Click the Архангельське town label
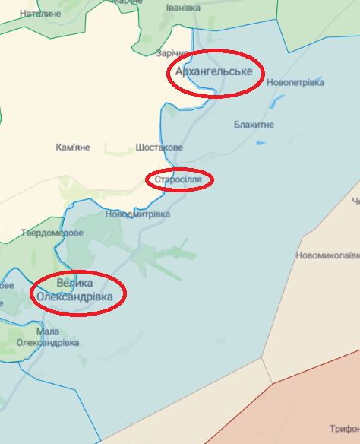tap(213, 72)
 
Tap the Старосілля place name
tap(178, 180)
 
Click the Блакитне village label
tap(254, 124)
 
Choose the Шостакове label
tap(159, 147)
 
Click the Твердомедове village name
tap(52, 233)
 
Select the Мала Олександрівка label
tap(47, 338)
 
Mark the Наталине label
tap(40, 14)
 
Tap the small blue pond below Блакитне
tap(261, 141)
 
